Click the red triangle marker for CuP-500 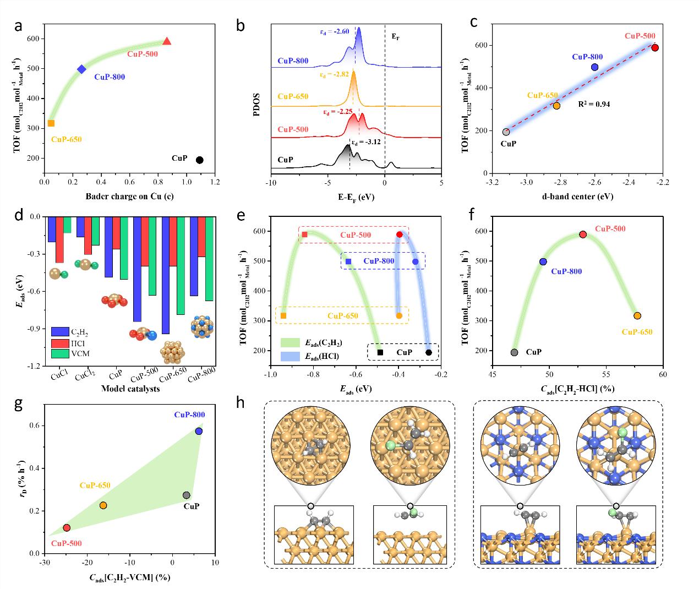pos(167,41)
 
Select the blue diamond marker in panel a pos(82,69)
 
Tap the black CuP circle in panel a pos(200,160)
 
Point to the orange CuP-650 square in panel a pos(51,123)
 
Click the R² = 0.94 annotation pos(594,103)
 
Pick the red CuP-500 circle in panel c pos(655,48)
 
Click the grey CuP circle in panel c pos(506,132)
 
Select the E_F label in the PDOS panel pos(395,37)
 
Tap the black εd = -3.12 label pos(366,141)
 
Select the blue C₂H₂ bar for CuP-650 pos(166,275)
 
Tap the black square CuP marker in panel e pos(380,352)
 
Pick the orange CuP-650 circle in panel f pos(637,315)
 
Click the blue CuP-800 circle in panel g pos(199,431)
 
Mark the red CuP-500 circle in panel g pos(67,527)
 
